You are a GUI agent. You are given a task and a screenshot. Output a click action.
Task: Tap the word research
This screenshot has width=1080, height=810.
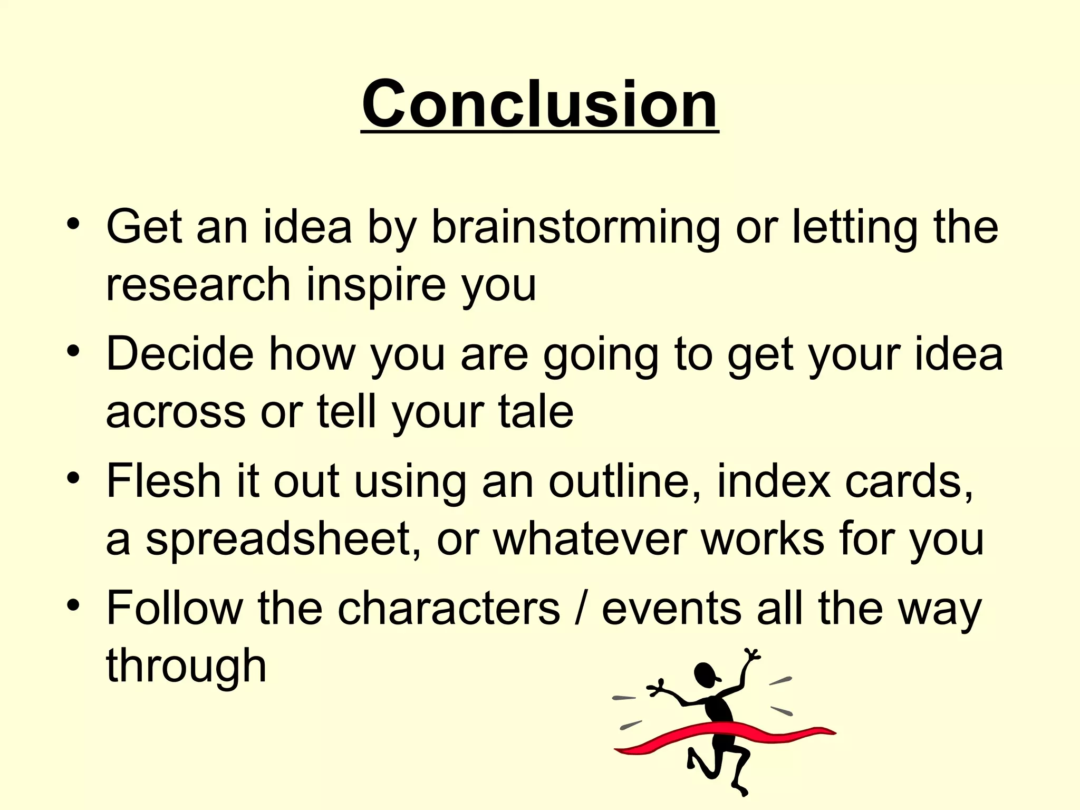[x=198, y=285]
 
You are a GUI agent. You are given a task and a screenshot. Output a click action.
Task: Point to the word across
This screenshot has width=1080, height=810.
[x=176, y=412]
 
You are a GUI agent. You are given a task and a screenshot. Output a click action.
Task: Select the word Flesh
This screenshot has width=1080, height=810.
[x=163, y=481]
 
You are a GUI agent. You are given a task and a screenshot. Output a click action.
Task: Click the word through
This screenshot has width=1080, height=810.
[x=186, y=666]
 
